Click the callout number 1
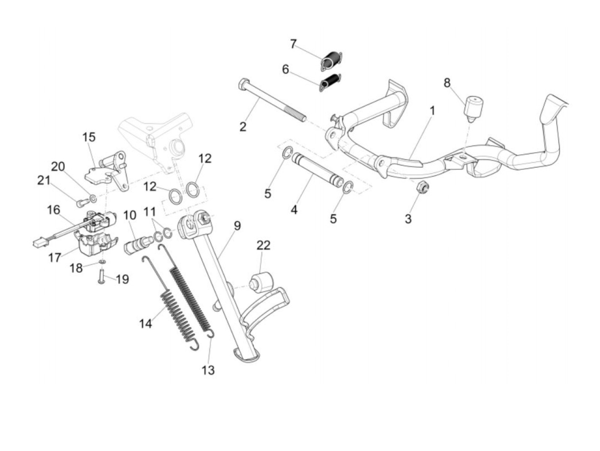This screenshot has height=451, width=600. [x=432, y=111]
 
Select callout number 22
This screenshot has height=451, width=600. [x=264, y=245]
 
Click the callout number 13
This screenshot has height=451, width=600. [x=208, y=370]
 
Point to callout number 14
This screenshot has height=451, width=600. [x=146, y=323]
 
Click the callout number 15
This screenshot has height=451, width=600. [x=89, y=137]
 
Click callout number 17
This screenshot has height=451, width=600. [x=55, y=258]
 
